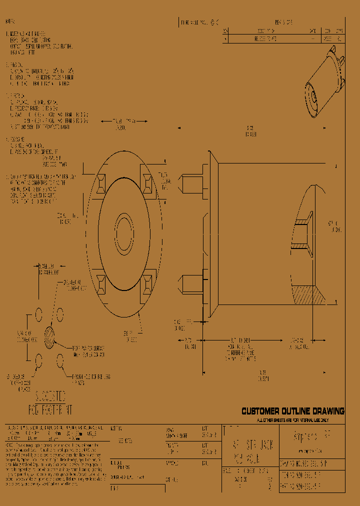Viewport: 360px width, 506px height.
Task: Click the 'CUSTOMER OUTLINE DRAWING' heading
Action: (293, 411)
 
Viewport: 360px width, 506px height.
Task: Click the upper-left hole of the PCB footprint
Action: (38, 314)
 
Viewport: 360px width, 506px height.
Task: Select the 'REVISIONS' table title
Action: (284, 22)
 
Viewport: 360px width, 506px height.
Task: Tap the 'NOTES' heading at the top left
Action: (10, 22)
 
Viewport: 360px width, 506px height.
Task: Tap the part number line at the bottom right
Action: (300, 484)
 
